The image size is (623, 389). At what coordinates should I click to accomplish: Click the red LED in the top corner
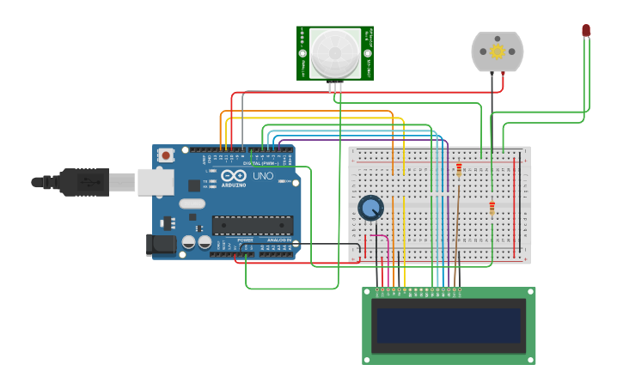pos(586,30)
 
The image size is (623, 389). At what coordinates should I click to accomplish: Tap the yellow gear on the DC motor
pos(498,52)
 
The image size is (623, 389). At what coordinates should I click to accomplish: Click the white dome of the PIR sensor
pos(336,53)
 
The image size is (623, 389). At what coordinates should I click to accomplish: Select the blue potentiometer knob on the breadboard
pos(370,208)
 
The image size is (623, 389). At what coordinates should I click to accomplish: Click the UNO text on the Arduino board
pos(262,176)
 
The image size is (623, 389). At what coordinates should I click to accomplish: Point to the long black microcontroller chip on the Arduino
pos(253,225)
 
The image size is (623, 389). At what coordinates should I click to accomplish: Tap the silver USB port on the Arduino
pos(155,182)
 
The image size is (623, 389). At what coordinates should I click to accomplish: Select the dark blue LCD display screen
pos(449,325)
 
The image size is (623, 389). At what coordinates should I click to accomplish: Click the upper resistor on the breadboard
pos(459,170)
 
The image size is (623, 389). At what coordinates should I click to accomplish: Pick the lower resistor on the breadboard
pos(492,207)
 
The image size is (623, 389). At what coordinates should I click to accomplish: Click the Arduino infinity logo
pos(234,176)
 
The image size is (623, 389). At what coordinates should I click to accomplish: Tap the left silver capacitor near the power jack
pos(188,243)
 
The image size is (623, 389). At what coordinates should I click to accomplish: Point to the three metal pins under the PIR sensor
pos(335,86)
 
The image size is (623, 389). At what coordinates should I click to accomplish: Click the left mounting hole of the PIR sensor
pos(302,53)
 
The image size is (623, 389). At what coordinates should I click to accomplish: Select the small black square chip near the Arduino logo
pos(194,185)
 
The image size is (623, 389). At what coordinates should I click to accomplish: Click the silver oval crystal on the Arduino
pos(192,204)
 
